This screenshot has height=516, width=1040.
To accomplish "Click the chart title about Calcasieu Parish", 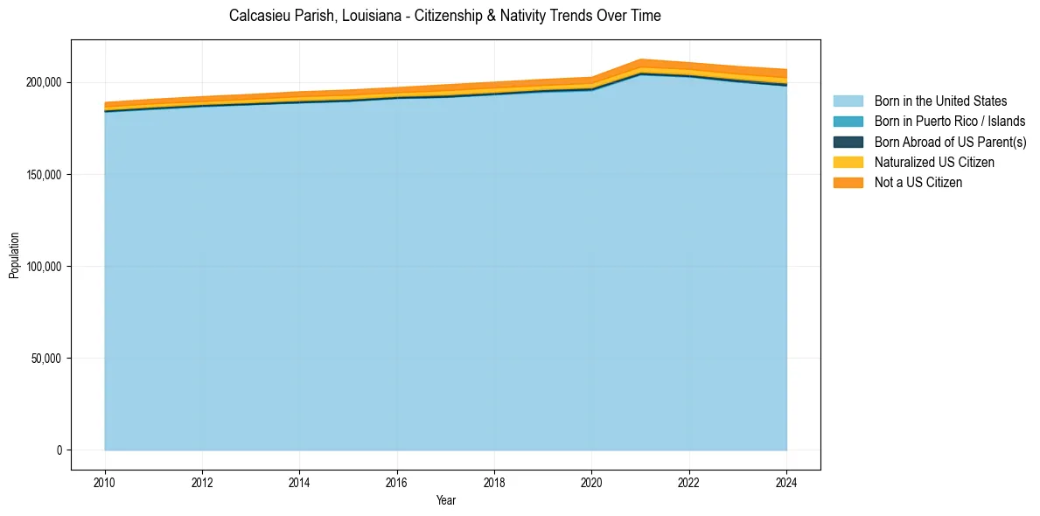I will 444,16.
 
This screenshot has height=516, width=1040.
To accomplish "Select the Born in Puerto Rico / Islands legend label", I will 950,122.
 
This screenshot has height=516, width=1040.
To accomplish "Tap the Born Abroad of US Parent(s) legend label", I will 950,142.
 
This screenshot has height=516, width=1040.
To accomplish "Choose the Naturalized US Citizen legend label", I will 934,162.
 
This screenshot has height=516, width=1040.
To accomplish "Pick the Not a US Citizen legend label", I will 918,182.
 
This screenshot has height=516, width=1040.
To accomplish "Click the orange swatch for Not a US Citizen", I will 848,182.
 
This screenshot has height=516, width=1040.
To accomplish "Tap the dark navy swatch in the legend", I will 848,142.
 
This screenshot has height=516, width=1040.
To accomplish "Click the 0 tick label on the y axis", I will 59,450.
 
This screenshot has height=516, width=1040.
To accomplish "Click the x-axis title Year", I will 445,500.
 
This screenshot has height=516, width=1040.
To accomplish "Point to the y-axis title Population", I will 14,255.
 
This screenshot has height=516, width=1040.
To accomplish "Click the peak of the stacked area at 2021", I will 641,61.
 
